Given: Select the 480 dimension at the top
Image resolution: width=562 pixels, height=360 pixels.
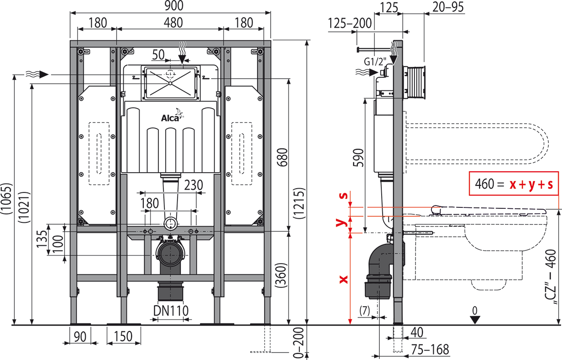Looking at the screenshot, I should coord(170,22).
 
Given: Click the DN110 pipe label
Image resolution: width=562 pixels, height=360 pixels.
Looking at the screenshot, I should coord(171,310).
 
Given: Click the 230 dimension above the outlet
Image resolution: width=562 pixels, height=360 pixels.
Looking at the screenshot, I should coord(192,185).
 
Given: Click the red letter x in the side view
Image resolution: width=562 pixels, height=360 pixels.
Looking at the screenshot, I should coord(344,279).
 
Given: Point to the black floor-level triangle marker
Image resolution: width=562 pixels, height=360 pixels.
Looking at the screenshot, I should coord(475,320).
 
